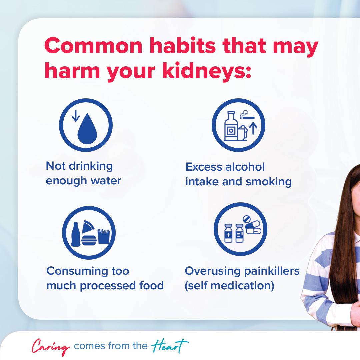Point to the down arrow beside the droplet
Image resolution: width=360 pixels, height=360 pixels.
click(x=76, y=115)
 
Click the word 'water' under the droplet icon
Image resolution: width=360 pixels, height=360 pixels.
click(x=107, y=181)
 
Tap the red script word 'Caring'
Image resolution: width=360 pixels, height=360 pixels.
click(x=51, y=347)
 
